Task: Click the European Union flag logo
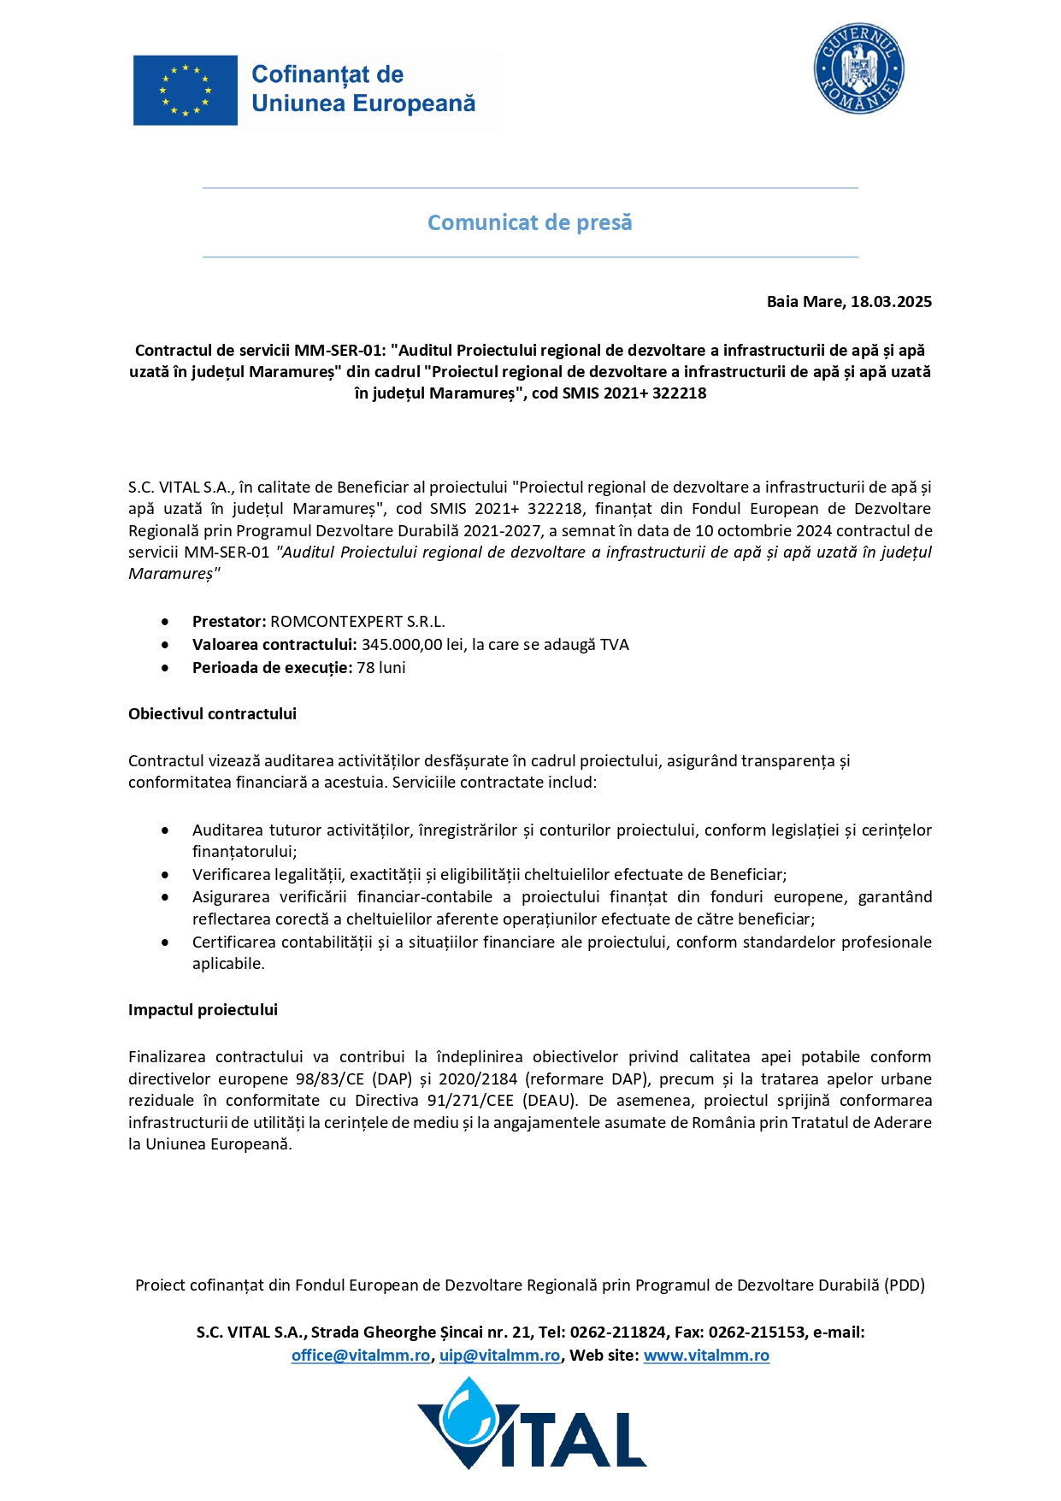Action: [x=186, y=91]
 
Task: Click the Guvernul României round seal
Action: [x=858, y=69]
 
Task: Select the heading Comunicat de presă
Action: [x=530, y=222]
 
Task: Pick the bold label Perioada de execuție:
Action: [x=272, y=668]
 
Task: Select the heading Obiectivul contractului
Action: [x=212, y=714]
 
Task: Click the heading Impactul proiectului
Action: [x=203, y=1010]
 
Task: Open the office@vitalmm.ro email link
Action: [x=361, y=1356]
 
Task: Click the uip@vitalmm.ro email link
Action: [x=500, y=1356]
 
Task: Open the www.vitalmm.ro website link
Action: [x=706, y=1356]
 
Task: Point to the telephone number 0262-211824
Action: [x=618, y=1333]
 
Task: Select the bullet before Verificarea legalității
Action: [x=165, y=875]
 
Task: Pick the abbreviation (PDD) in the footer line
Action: [x=905, y=1285]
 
